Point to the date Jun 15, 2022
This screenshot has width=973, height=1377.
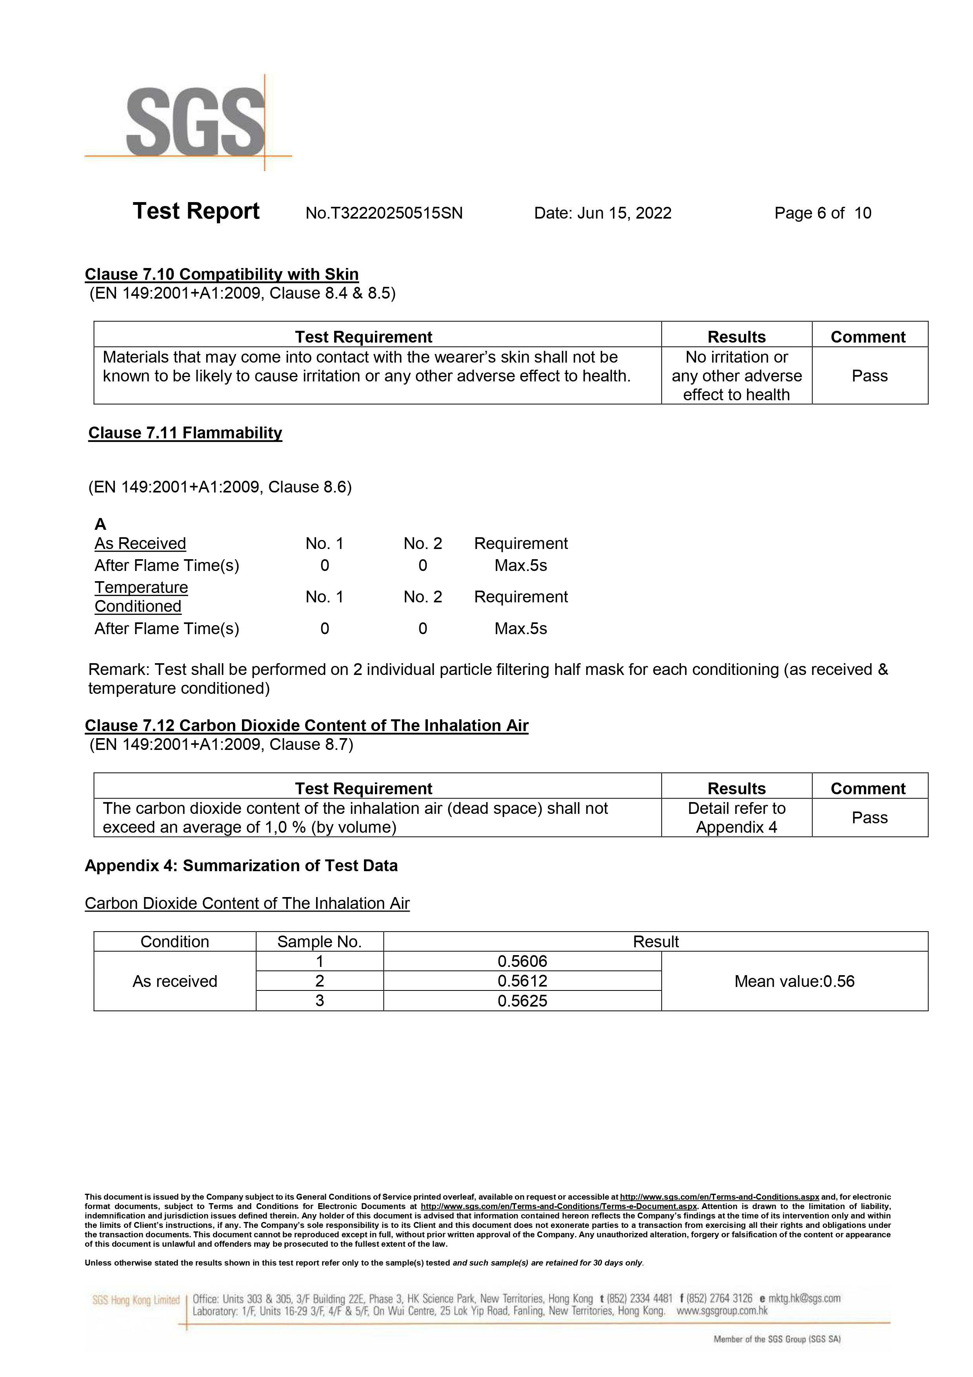(x=602, y=213)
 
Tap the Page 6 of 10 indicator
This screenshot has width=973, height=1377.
(x=822, y=213)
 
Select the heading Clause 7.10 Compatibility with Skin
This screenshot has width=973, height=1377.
(x=222, y=275)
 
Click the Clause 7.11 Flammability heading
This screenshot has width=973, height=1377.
(x=185, y=433)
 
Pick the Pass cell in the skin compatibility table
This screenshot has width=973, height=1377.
(x=869, y=376)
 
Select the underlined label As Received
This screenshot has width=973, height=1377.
(x=140, y=544)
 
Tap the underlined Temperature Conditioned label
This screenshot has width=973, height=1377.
(x=142, y=597)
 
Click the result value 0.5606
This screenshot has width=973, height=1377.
(x=522, y=961)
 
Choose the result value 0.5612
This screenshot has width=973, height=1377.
(x=522, y=981)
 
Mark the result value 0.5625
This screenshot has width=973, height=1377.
(x=522, y=1001)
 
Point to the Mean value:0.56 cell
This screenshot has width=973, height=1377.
(x=794, y=981)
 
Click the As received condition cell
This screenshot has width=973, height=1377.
(x=175, y=981)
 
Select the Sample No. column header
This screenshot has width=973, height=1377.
(x=320, y=941)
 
